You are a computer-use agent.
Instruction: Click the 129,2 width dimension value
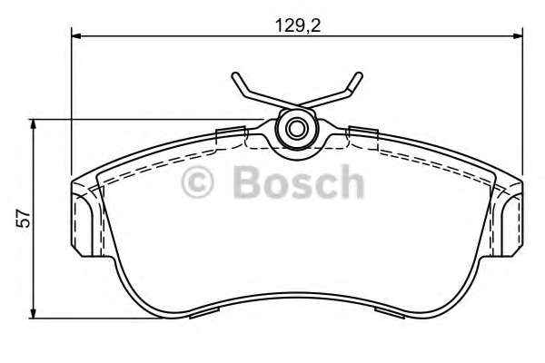tap(298, 25)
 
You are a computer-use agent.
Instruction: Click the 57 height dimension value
tap(24, 219)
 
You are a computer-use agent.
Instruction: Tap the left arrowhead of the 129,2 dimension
tap(76, 35)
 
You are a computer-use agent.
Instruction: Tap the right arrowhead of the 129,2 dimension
tap(518, 35)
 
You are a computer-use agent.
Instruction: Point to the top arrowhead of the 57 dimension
tap(34, 124)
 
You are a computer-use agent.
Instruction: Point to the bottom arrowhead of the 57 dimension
tap(34, 313)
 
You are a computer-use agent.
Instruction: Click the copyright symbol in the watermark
tap(197, 182)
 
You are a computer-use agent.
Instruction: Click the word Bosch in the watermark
tap(299, 181)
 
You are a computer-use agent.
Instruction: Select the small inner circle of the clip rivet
tap(296, 129)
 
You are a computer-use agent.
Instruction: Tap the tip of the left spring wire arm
tap(235, 74)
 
